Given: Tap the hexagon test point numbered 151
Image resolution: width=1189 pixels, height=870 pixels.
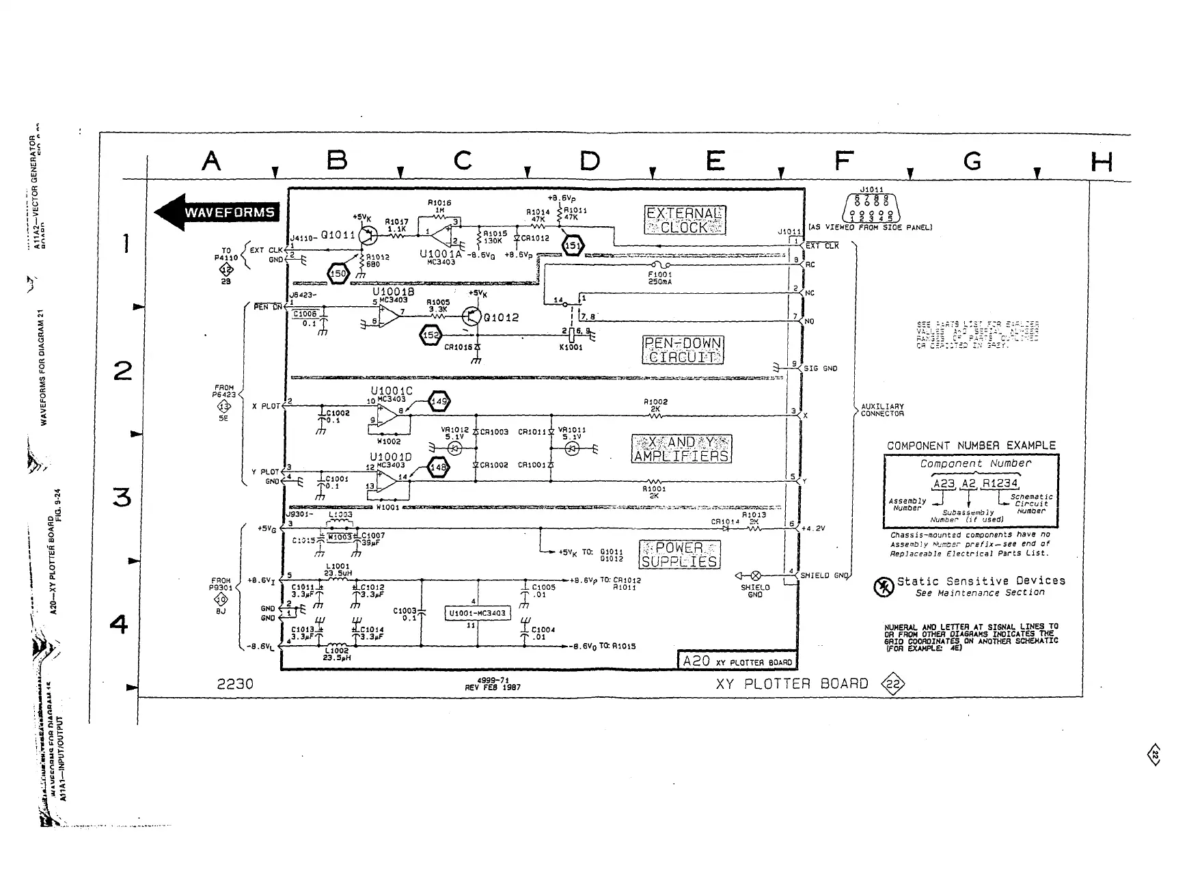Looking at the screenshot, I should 573,246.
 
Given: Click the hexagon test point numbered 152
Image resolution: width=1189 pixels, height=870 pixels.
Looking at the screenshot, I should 431,336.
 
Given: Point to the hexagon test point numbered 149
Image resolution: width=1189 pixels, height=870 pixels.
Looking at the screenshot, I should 438,402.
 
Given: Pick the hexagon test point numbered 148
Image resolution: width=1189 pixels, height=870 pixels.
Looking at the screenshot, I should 438,468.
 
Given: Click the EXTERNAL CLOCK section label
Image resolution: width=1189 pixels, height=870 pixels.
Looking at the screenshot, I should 685,220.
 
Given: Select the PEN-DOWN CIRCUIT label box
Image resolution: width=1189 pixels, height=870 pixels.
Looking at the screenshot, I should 683,350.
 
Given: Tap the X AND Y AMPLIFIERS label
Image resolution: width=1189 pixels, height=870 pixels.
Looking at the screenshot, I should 681,449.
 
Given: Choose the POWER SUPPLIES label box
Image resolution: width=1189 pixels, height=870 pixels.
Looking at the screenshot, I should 679,554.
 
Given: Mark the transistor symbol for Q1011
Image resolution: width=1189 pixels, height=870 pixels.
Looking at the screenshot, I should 368,236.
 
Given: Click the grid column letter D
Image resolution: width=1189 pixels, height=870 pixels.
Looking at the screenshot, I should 589,161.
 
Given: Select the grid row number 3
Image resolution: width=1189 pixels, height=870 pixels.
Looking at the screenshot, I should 122,497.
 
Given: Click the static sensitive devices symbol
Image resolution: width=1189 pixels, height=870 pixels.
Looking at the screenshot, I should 884,587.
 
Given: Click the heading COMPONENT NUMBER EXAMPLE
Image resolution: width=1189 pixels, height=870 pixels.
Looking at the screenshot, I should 971,446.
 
